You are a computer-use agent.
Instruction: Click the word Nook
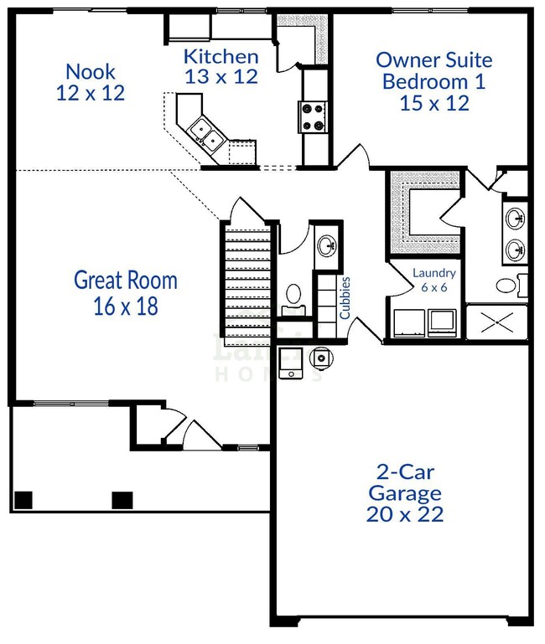[x=91, y=71]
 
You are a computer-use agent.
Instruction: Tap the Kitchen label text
[x=221, y=57]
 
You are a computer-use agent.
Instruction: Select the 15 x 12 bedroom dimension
[x=434, y=103]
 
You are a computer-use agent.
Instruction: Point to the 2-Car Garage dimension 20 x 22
[x=404, y=513]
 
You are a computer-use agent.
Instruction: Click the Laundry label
[x=434, y=273]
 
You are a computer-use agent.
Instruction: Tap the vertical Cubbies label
[x=345, y=298]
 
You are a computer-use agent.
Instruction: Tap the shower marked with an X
[x=496, y=321]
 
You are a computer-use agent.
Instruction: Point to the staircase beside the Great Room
[x=248, y=276]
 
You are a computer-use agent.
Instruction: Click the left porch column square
[x=23, y=500]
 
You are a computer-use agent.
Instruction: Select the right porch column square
[x=122, y=500]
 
